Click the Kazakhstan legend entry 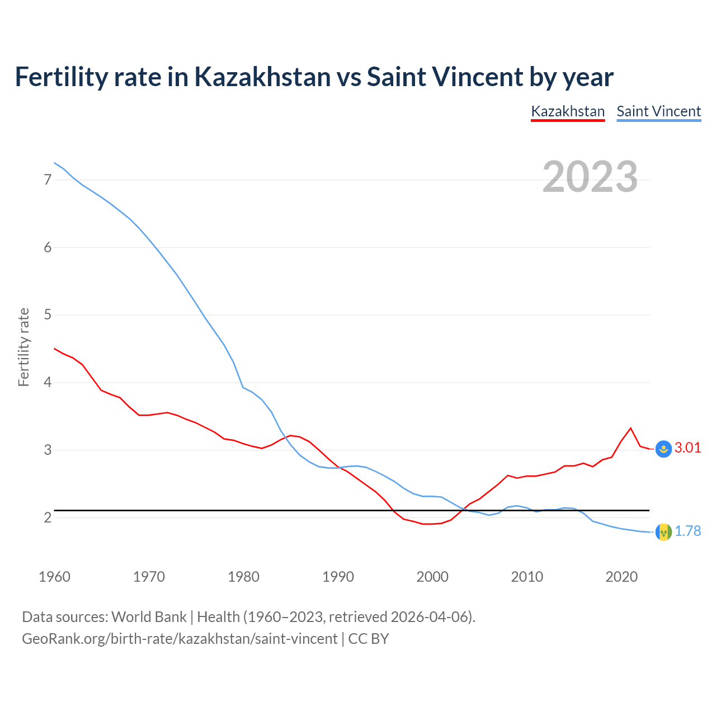[x=568, y=111]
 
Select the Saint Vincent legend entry [x=658, y=111]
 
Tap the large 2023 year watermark [x=590, y=177]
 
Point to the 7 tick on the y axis [x=48, y=180]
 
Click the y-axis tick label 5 [x=48, y=315]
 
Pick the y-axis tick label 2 [x=48, y=517]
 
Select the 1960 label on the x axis [x=54, y=577]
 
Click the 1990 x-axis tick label [x=338, y=577]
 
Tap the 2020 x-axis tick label [x=621, y=577]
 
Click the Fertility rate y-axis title [x=23, y=347]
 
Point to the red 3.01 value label [x=687, y=447]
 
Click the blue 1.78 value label [x=687, y=531]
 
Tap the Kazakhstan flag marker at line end [x=663, y=449]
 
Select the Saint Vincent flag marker [x=663, y=532]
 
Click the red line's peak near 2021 [x=631, y=428]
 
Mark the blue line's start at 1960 [x=54, y=163]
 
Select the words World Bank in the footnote [x=149, y=617]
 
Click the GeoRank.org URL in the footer [x=180, y=639]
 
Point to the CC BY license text [x=369, y=639]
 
